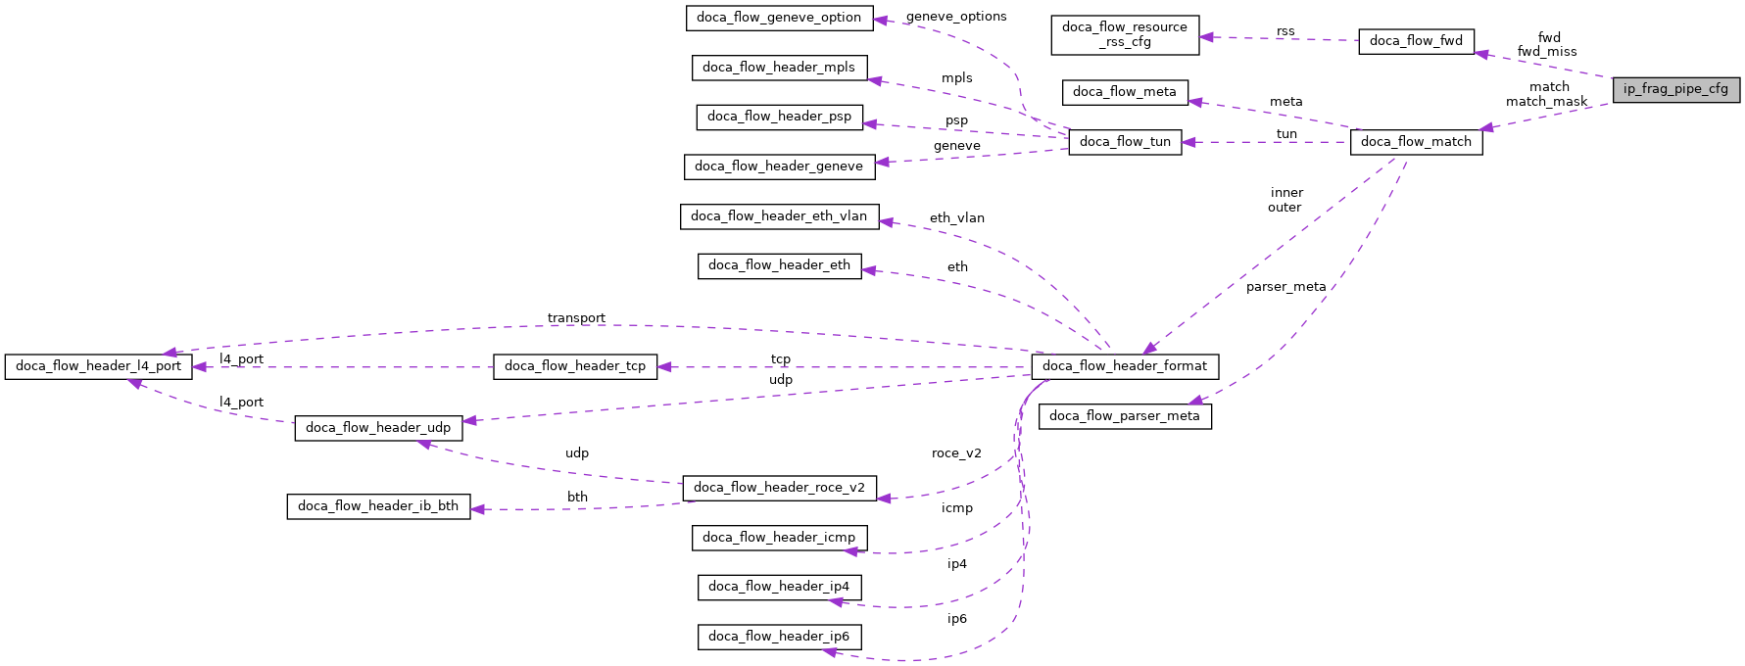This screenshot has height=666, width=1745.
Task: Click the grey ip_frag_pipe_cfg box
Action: point(1675,89)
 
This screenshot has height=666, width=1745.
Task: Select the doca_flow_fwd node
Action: point(1416,41)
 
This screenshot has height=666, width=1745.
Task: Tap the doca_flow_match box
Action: point(1416,142)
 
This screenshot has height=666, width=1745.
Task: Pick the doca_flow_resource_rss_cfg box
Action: point(1124,34)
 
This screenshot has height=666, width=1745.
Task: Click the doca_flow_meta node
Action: point(1124,92)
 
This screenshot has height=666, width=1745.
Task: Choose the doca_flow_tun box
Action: point(1125,142)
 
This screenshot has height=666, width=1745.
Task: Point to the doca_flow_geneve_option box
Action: point(779,18)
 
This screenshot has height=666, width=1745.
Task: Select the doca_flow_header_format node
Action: point(1124,366)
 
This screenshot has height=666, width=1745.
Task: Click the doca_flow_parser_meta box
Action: point(1124,416)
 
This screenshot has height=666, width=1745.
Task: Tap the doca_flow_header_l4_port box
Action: point(98,366)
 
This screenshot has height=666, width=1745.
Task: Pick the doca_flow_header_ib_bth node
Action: point(378,506)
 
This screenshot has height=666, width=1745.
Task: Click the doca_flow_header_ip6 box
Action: point(779,637)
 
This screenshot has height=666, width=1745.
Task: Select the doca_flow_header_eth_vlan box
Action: point(779,216)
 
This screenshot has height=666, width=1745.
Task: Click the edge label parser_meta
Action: point(1285,287)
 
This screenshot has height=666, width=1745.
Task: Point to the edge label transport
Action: point(576,318)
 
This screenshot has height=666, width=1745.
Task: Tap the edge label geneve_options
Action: point(956,17)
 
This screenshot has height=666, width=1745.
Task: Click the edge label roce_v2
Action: point(956,453)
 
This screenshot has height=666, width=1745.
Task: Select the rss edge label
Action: point(1285,31)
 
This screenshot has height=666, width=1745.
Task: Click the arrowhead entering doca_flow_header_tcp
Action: point(664,366)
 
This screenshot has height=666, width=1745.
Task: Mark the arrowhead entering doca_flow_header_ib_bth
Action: point(478,509)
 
